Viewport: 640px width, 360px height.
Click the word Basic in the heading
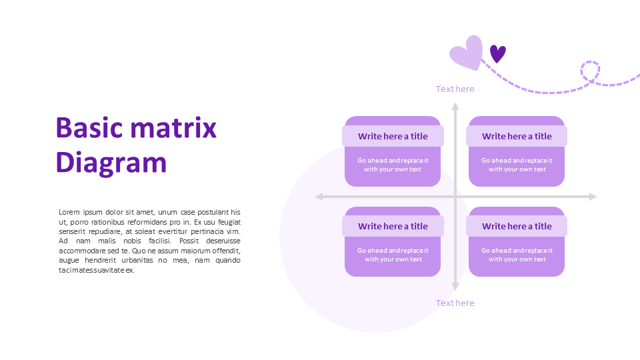pyautogui.click(x=89, y=128)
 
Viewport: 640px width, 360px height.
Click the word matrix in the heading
pyautogui.click(x=173, y=128)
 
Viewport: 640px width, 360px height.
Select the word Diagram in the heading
pyautogui.click(x=111, y=163)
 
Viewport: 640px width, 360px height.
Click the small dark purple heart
pyautogui.click(x=497, y=53)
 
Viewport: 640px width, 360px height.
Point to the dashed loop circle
pyautogui.click(x=590, y=72)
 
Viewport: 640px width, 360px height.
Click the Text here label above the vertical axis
pyautogui.click(x=455, y=89)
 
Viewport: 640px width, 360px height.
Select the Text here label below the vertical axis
pyautogui.click(x=455, y=303)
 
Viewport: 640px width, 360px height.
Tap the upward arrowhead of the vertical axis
pyautogui.click(x=455, y=106)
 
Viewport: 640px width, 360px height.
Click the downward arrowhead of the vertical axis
pyautogui.click(x=455, y=287)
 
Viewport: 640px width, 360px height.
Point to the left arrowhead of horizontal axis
pyautogui.click(x=319, y=197)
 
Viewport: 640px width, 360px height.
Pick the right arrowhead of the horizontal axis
pyautogui.click(x=593, y=197)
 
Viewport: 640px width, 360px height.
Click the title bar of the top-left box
pyautogui.click(x=393, y=136)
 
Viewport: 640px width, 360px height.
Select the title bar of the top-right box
pyautogui.click(x=517, y=136)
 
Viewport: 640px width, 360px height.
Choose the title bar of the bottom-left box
pyautogui.click(x=393, y=226)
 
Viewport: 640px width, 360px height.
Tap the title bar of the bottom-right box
pyautogui.click(x=517, y=226)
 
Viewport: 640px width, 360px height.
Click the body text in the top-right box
pyautogui.click(x=517, y=165)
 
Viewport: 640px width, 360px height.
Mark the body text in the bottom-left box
pyautogui.click(x=393, y=255)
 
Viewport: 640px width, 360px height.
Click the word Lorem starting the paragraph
pyautogui.click(x=69, y=212)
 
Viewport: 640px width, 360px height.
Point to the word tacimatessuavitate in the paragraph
pyautogui.click(x=91, y=270)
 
